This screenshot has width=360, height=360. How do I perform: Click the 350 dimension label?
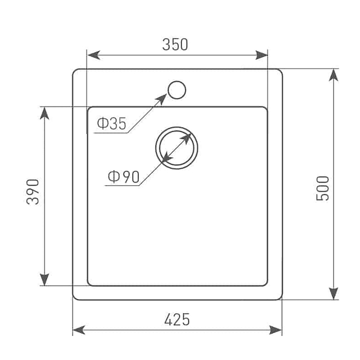[175, 45]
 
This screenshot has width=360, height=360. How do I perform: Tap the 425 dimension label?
[177, 319]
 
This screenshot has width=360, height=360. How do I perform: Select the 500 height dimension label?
[322, 188]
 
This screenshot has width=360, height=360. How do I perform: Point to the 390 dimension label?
[32, 192]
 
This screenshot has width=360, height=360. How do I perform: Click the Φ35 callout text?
[112, 123]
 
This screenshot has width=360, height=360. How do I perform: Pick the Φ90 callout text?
[123, 176]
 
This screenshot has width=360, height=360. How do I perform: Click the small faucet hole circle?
[176, 90]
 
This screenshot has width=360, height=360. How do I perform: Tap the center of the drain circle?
[176, 148]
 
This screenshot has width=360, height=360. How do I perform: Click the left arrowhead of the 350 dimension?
[94, 55]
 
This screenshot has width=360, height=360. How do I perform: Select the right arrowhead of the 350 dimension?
[261, 55]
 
